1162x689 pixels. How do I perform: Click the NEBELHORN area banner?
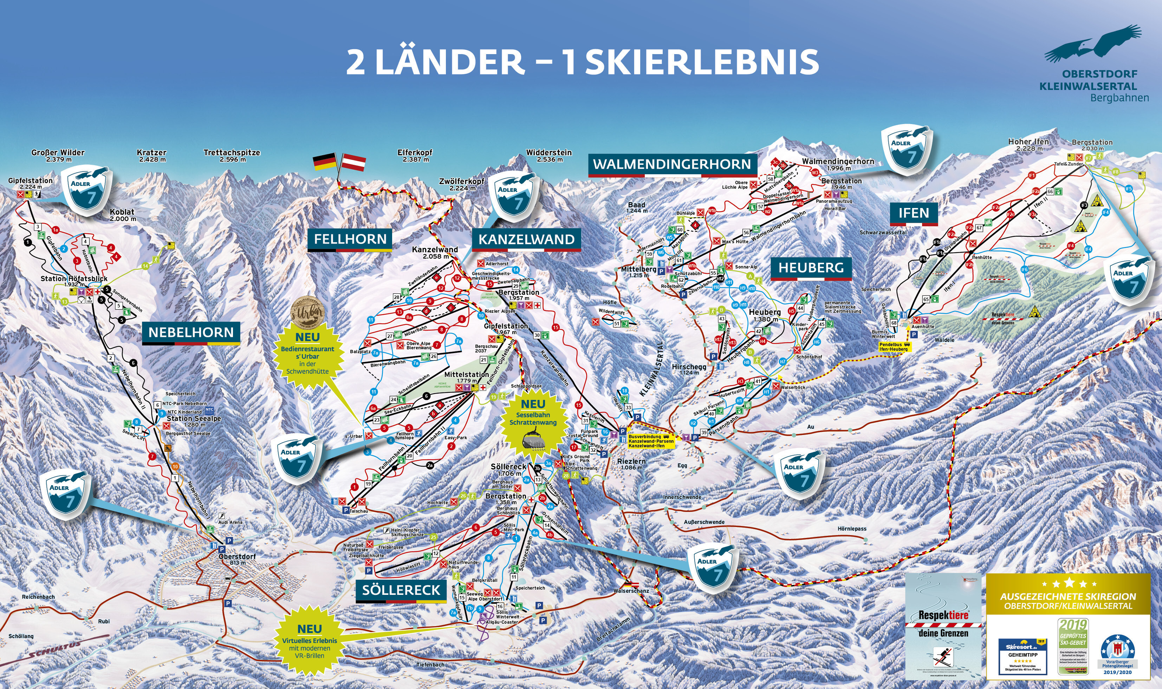[191, 332]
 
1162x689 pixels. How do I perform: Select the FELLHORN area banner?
[350, 240]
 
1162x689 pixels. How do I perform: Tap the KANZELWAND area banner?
[526, 240]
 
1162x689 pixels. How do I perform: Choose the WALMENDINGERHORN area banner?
[672, 164]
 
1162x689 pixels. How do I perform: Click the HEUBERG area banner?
[811, 268]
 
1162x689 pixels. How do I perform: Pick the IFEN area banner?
[914, 214]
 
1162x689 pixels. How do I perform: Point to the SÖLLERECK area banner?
[401, 591]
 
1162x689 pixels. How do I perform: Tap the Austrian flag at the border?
[354, 162]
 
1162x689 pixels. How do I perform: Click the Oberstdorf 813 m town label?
[237, 559]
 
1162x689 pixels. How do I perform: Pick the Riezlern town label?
[631, 464]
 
